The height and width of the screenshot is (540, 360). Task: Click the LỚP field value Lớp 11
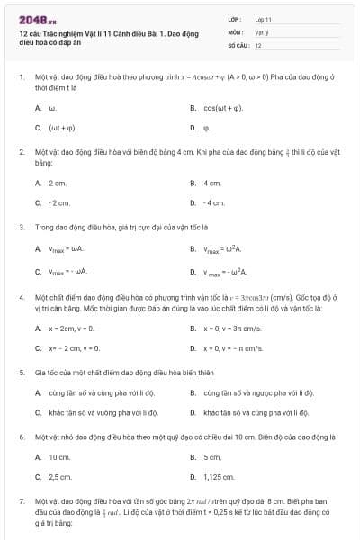tap(263, 18)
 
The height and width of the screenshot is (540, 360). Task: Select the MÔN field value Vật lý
tap(261, 31)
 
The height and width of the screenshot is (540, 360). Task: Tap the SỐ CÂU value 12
tap(258, 44)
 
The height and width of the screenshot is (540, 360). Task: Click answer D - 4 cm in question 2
tap(213, 202)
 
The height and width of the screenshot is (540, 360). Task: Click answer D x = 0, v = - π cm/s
tap(233, 347)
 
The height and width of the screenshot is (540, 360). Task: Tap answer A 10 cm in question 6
tap(59, 457)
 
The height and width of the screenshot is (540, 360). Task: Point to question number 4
tap(22, 296)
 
